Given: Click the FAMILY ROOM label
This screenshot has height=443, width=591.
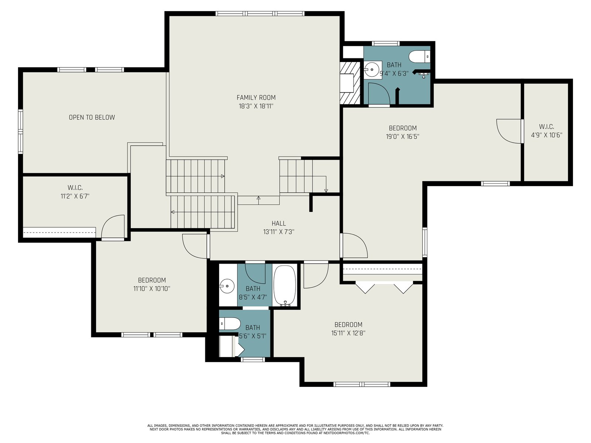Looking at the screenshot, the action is coord(256,97).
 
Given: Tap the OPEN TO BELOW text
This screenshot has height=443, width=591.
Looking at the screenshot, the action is coord(92,117).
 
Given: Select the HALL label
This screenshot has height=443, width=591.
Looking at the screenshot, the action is coord(279,223).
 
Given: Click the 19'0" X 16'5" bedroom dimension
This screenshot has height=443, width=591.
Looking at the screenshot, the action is coord(403,136).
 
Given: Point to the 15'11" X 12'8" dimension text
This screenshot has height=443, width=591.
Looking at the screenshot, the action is coord(348,333).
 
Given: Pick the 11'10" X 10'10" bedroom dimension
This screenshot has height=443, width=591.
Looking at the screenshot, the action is coord(151,289).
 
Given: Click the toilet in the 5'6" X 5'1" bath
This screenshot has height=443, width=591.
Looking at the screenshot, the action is coord(229,324).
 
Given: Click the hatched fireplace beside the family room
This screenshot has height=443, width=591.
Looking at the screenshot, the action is coord(350,83).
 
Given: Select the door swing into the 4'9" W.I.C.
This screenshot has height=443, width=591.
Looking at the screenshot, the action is coord(509,131).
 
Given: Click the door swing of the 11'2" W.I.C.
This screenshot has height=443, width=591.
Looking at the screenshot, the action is coord(113,226).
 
